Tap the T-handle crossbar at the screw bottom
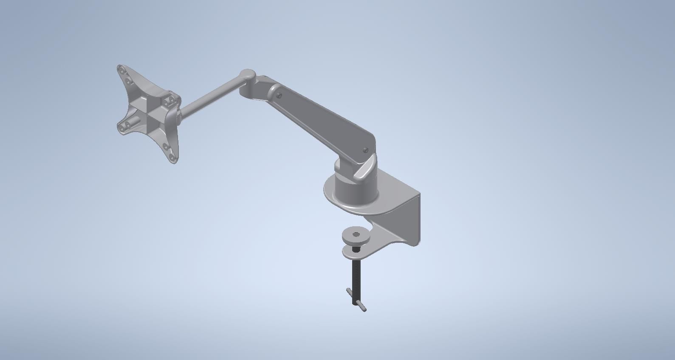pos(356,300)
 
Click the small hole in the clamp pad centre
pos(356,234)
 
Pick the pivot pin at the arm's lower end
pos(365,149)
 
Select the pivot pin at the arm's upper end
pos(279,96)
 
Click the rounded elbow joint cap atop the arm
pos(247,76)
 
